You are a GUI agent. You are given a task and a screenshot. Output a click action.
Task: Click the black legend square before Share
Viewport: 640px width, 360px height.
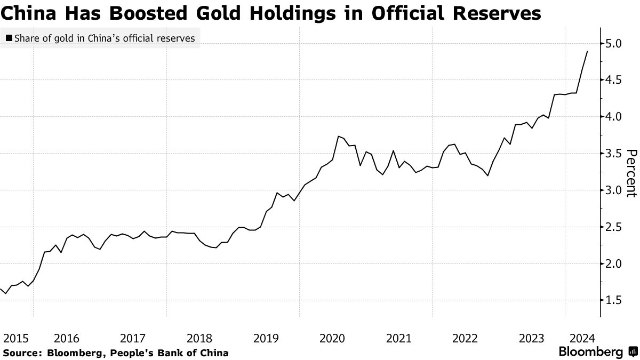[9, 38]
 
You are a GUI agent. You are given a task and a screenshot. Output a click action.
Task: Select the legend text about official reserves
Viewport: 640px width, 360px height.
[105, 38]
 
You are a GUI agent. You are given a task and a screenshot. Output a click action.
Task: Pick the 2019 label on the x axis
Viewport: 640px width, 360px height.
[266, 338]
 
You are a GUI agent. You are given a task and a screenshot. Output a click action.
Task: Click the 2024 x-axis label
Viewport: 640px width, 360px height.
[583, 338]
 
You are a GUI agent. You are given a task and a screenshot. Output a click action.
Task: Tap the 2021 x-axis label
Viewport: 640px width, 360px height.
[398, 338]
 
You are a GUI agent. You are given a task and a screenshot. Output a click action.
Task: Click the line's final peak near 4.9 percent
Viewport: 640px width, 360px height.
[587, 51]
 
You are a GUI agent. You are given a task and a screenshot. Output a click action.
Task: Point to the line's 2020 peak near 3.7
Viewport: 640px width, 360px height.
[338, 137]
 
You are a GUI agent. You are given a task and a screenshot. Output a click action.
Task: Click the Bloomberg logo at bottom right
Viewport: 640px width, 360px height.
[597, 352]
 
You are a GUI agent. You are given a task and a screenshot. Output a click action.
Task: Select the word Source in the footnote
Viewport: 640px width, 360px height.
[21, 353]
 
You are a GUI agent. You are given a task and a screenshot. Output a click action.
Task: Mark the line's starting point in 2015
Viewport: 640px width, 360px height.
[1, 289]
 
